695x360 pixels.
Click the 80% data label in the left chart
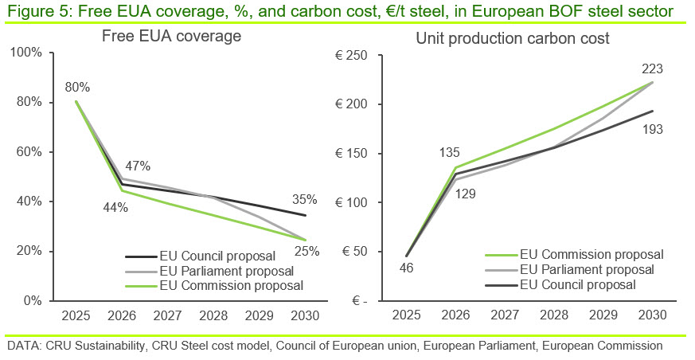tap(77, 86)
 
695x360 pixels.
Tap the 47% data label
tap(137, 166)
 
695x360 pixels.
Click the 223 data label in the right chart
tap(653, 69)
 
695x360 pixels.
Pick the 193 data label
tap(653, 129)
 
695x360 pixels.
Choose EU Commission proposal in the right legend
tap(592, 255)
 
